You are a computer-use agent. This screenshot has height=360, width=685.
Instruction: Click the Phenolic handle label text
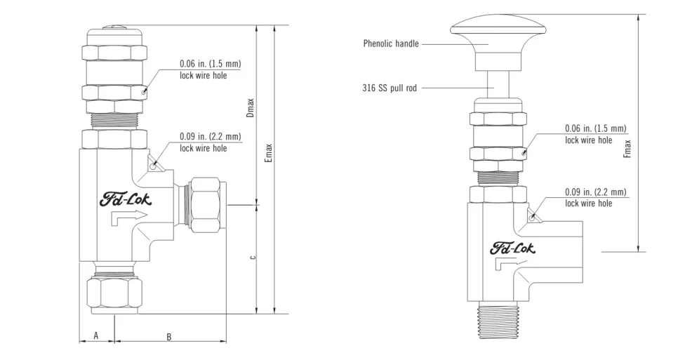coord(391,44)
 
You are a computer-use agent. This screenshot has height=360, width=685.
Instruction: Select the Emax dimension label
coord(268,153)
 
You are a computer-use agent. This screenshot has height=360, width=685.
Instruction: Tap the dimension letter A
coord(96,336)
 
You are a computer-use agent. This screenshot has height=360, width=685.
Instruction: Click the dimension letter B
coord(168,337)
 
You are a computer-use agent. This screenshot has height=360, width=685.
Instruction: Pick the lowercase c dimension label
coord(252,257)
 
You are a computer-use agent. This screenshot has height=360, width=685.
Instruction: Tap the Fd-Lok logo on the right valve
coord(512,248)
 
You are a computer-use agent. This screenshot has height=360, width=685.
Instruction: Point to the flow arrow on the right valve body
coord(507,265)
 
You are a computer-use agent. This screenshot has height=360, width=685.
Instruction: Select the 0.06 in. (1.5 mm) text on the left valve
coord(210,64)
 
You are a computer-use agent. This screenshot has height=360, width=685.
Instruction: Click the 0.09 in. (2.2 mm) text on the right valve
coord(595,192)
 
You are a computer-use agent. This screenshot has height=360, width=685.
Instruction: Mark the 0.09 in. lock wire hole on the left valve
coord(154,166)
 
